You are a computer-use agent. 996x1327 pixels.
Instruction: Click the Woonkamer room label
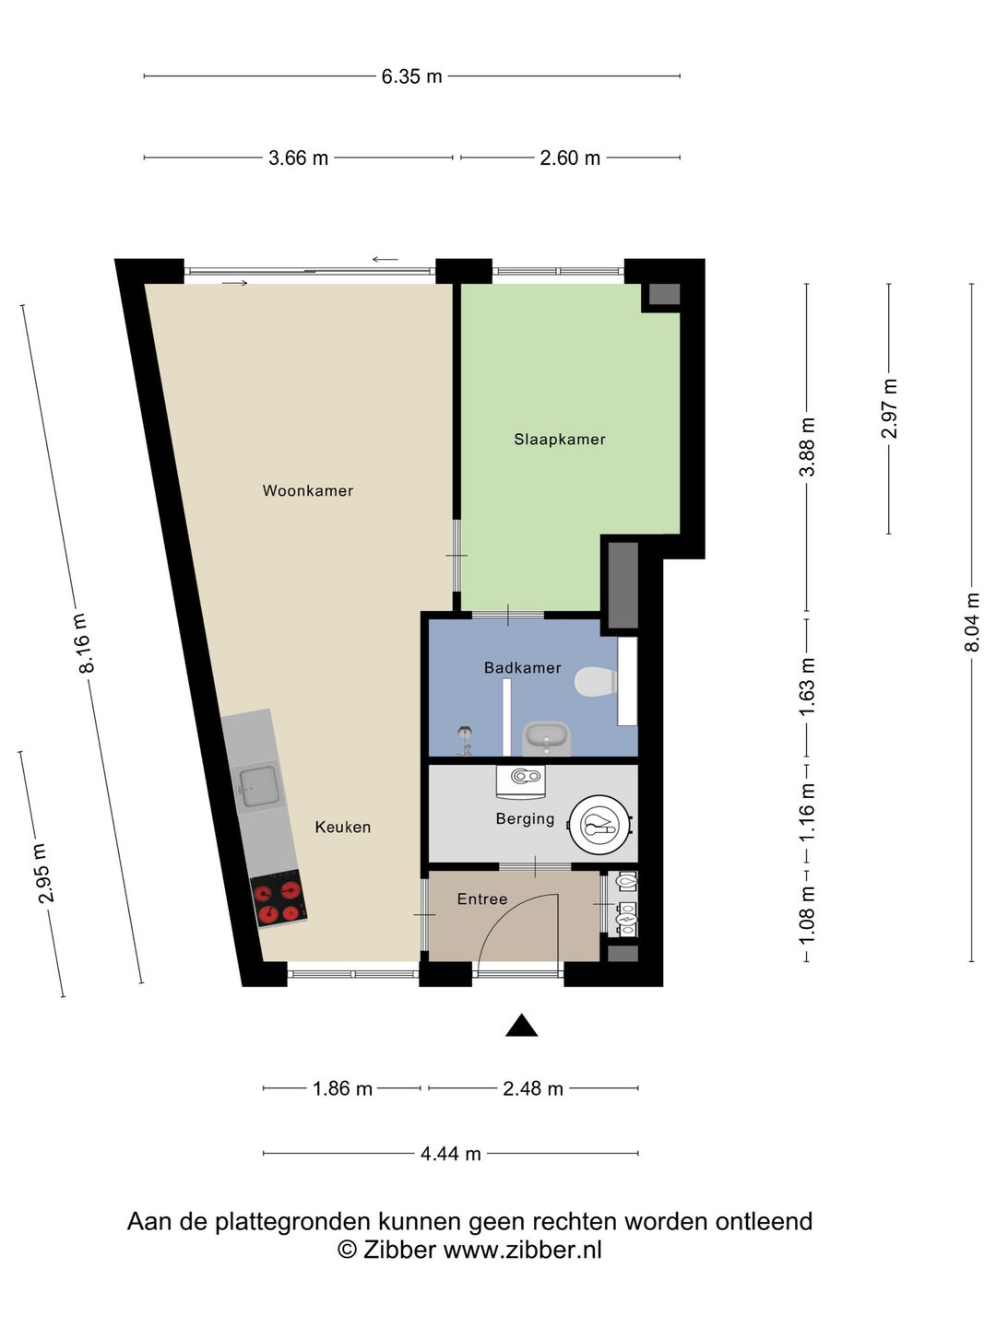(308, 490)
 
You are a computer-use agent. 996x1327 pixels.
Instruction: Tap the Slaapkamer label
(560, 440)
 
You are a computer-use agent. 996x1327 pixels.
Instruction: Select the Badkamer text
(523, 667)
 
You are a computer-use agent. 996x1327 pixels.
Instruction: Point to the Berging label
(525, 819)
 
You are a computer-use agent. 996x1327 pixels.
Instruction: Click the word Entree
(482, 899)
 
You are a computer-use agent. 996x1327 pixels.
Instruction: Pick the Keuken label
(343, 827)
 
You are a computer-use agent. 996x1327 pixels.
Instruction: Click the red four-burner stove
(279, 898)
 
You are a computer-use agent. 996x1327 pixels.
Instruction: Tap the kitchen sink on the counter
(259, 787)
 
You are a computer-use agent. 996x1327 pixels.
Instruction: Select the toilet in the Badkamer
(596, 682)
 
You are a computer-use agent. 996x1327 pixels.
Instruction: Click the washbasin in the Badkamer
(547, 738)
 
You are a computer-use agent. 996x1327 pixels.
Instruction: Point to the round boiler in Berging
(601, 825)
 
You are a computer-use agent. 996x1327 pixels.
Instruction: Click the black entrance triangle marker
(521, 1025)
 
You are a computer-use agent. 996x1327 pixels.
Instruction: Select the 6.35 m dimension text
(412, 76)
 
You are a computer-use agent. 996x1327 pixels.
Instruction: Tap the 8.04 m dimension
(971, 622)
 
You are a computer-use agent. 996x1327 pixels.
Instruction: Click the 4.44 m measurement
(451, 1154)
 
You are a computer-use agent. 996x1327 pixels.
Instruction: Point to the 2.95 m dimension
(45, 873)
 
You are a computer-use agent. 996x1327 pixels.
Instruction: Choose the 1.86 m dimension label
(341, 1089)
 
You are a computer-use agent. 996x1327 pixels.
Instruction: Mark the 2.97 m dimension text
(889, 408)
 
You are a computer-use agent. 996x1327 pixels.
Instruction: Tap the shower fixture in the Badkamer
(465, 740)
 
